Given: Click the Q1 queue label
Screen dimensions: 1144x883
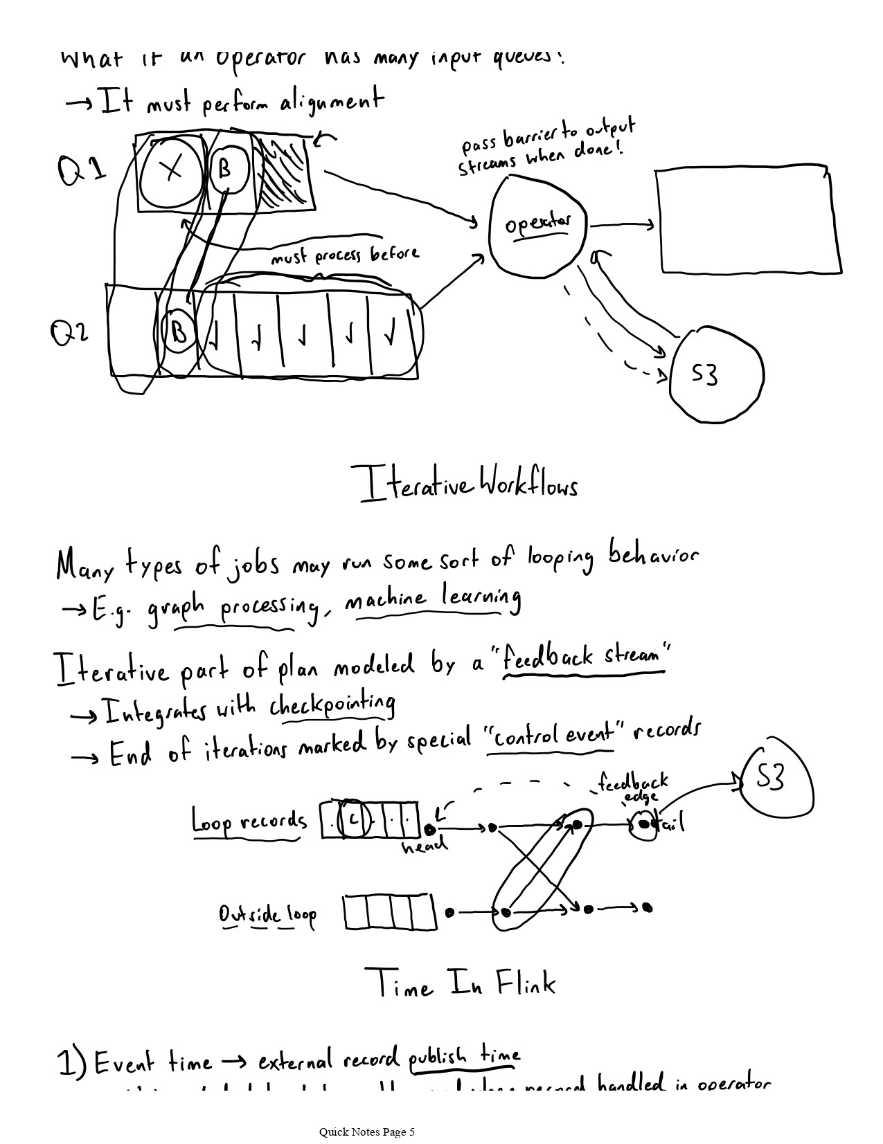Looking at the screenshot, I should click(82, 170).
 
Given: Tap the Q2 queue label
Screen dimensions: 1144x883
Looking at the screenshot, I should click(69, 334).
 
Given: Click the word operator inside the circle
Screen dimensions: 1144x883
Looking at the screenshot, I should click(538, 224).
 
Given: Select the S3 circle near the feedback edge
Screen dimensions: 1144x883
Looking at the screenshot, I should click(776, 780).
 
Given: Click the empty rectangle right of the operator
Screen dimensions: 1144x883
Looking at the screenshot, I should click(747, 219).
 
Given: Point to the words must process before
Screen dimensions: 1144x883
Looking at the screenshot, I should click(344, 256).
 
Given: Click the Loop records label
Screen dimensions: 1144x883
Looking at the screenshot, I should click(248, 821).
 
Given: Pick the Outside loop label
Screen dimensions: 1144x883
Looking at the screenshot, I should click(267, 915).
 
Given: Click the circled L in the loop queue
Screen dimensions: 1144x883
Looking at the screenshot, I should click(353, 820).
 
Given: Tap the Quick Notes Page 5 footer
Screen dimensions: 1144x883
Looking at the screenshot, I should click(367, 1132).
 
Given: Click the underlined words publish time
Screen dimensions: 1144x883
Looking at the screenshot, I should click(464, 1057).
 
